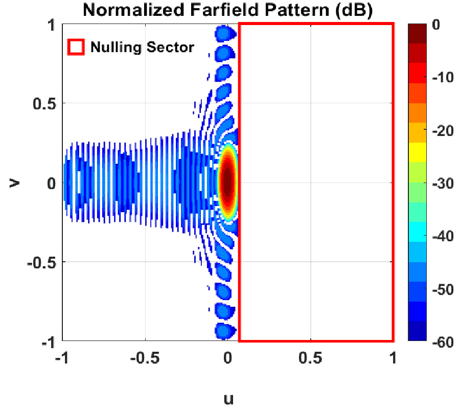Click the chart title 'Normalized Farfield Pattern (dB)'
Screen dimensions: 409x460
tap(227, 10)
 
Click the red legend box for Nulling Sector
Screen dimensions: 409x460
tap(76, 48)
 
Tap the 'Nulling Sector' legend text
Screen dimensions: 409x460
tap(142, 48)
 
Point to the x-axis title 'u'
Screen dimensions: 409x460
tap(228, 397)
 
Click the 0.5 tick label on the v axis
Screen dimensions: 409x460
tap(44, 103)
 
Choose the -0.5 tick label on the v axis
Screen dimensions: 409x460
tap(41, 262)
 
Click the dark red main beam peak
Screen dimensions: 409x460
tap(227, 181)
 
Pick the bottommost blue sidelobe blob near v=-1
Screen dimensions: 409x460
tap(223, 331)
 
